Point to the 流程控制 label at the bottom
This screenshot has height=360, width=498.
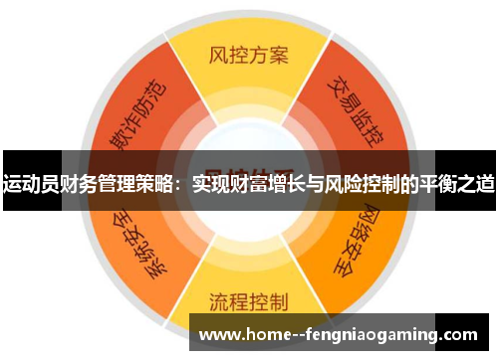[x=248, y=301]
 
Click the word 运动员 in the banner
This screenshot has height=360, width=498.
[x=29, y=182]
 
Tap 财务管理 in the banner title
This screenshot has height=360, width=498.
[x=93, y=182]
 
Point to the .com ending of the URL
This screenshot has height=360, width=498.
[x=457, y=335]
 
